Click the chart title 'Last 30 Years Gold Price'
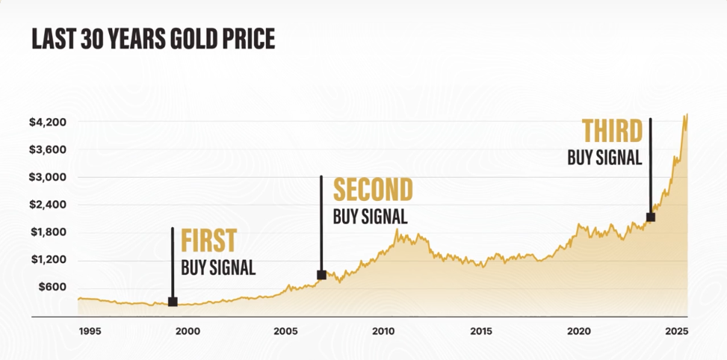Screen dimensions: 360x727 (x=153, y=39)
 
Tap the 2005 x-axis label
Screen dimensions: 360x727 (x=285, y=331)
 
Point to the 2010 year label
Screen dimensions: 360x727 (x=383, y=331)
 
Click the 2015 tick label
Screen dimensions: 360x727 (x=481, y=331)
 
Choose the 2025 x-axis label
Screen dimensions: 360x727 (x=676, y=331)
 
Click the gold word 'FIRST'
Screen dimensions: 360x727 (x=209, y=241)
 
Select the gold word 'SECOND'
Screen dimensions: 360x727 (x=372, y=190)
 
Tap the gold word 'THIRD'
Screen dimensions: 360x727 (x=612, y=131)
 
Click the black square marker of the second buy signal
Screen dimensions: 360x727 (x=321, y=275)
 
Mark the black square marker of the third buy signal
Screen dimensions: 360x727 (x=650, y=217)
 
